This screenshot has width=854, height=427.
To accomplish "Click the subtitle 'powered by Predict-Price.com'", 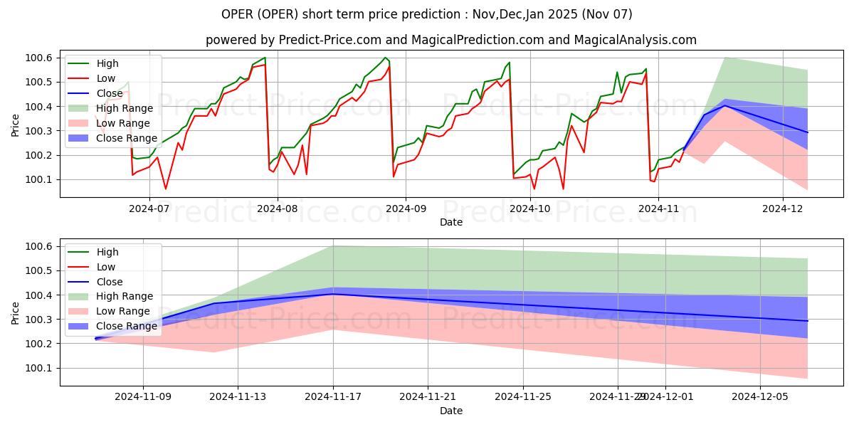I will click(x=451, y=41).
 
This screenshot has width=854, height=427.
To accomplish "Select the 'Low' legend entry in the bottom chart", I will click(x=105, y=267).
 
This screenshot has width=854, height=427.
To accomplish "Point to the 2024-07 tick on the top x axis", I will click(x=149, y=209).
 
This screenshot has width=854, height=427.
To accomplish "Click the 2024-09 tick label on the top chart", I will click(x=405, y=209).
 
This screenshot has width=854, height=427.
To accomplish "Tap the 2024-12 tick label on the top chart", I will click(x=783, y=209).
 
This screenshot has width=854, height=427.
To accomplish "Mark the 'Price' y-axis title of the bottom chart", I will click(x=16, y=312).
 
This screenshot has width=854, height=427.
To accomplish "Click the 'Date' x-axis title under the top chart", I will click(x=451, y=222).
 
